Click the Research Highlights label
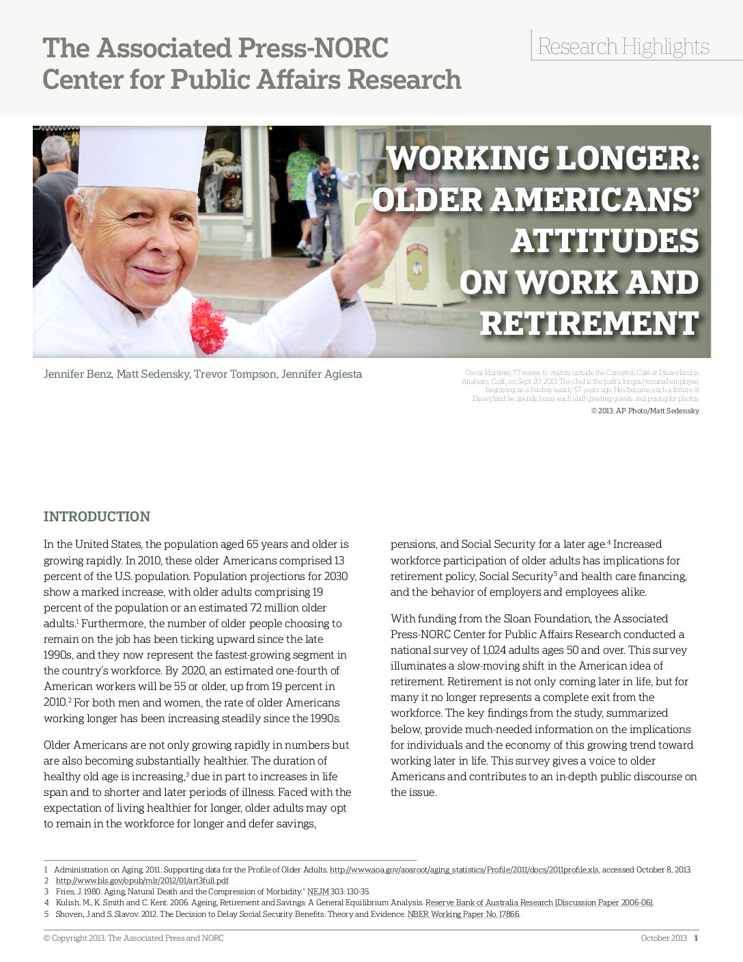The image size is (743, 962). [x=623, y=46]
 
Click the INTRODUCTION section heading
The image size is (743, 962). [x=96, y=517]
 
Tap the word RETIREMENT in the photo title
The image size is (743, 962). [x=589, y=324]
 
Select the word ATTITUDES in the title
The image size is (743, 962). [x=604, y=241]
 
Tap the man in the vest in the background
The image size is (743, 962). [x=324, y=205]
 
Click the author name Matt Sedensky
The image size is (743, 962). [x=153, y=374]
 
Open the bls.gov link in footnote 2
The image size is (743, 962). [x=142, y=881]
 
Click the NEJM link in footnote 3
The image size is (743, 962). [x=318, y=892]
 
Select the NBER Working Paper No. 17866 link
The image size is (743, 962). [x=463, y=914]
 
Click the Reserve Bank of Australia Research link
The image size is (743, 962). [x=538, y=903]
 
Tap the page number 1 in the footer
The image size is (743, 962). [x=696, y=938]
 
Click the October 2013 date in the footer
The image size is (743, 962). [x=663, y=938]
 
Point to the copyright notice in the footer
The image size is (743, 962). [x=133, y=938]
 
